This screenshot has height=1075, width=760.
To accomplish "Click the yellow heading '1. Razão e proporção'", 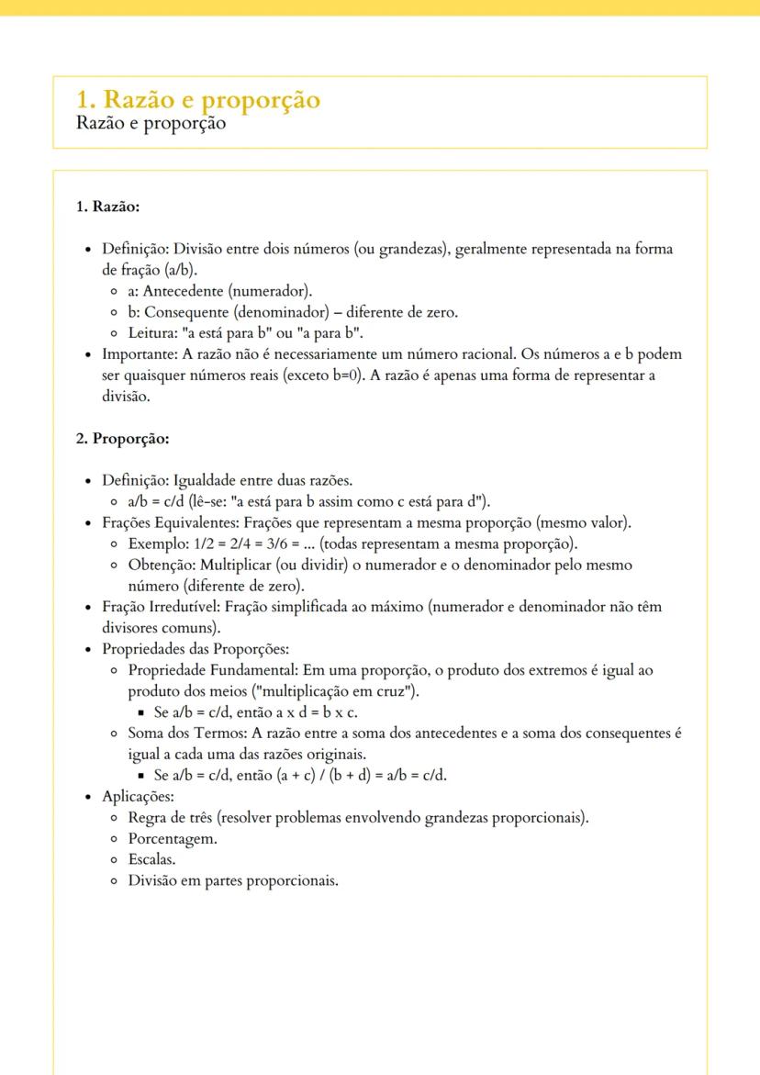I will tap(198, 99).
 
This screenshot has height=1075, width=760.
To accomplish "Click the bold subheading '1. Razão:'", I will tap(107, 207).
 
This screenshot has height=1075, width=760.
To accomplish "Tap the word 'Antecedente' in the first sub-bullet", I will tap(184, 291).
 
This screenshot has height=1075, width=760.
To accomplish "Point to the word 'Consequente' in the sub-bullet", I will tap(184, 312).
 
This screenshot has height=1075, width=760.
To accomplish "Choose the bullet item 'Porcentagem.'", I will tap(173, 838).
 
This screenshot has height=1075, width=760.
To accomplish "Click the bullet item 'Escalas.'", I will tap(151, 859).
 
